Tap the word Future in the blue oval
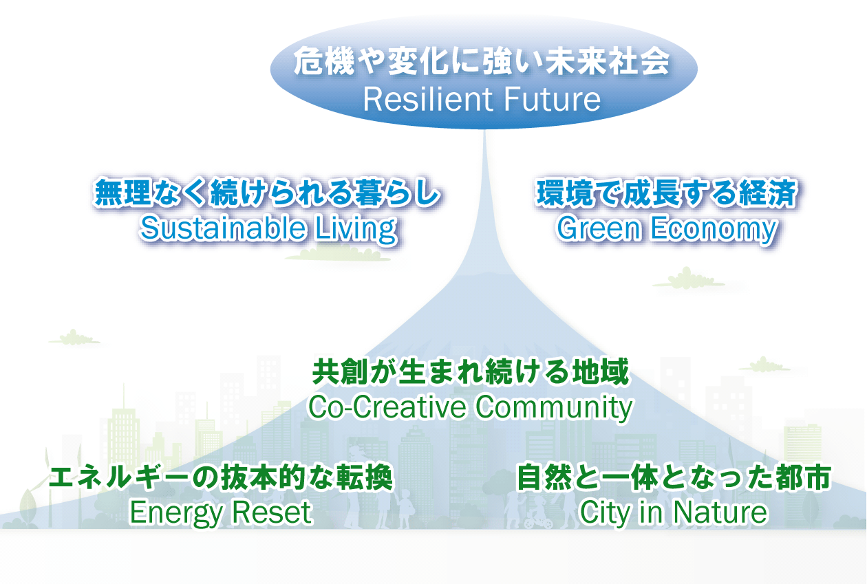pos(547,100)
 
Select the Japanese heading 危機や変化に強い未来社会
pos(482,61)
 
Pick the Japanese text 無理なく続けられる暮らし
pos(267,192)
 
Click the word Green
pos(599,228)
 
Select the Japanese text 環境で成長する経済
pos(667,192)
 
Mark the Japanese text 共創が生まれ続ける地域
pos(471,372)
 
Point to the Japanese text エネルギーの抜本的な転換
pos(221,477)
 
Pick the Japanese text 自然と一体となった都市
pos(674,477)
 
